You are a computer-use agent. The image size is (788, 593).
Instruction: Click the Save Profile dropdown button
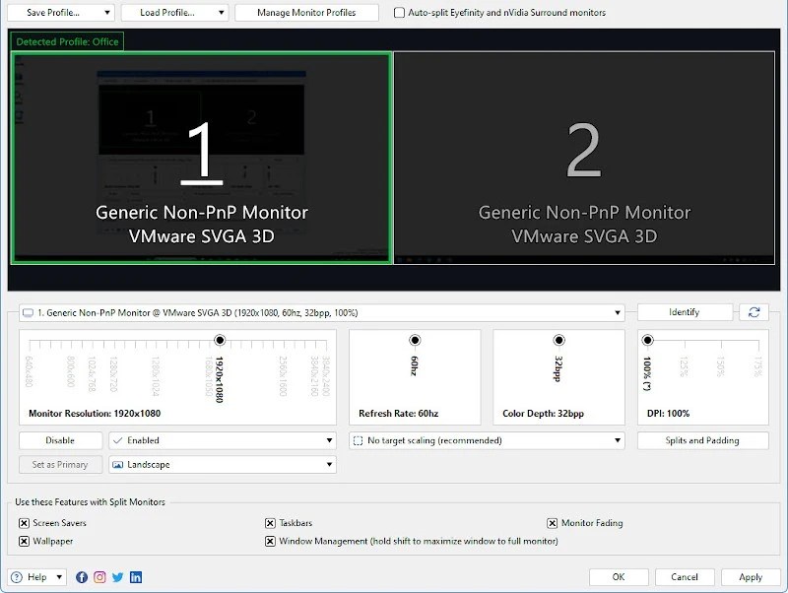[x=61, y=13]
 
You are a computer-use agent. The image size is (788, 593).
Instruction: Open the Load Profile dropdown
[x=174, y=13]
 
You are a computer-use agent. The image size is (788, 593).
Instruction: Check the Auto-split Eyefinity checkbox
[x=399, y=13]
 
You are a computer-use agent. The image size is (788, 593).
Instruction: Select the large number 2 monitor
[x=584, y=153]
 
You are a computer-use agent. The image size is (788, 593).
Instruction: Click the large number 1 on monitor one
[x=201, y=153]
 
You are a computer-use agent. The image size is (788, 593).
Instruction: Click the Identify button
[x=684, y=312]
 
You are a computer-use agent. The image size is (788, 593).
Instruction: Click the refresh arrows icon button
[x=754, y=312]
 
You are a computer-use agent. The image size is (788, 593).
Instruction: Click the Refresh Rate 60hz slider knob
[x=415, y=341]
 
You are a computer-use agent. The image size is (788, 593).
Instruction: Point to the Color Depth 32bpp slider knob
[x=559, y=341]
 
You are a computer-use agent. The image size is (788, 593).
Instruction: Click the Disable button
[x=60, y=440]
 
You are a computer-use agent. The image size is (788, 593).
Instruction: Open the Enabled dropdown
[x=222, y=440]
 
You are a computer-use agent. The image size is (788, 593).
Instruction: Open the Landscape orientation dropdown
[x=222, y=465]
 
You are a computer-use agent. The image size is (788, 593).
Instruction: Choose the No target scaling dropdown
[x=488, y=440]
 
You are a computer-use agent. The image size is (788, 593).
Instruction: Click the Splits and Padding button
[x=702, y=440]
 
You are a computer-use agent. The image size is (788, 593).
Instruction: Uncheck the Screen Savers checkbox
[x=24, y=523]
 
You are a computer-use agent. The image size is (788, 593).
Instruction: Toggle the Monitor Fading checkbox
[x=553, y=523]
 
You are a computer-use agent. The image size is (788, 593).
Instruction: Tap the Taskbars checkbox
[x=270, y=523]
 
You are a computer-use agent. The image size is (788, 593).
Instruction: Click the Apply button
[x=750, y=577]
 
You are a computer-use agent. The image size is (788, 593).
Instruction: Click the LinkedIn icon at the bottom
[x=136, y=577]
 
